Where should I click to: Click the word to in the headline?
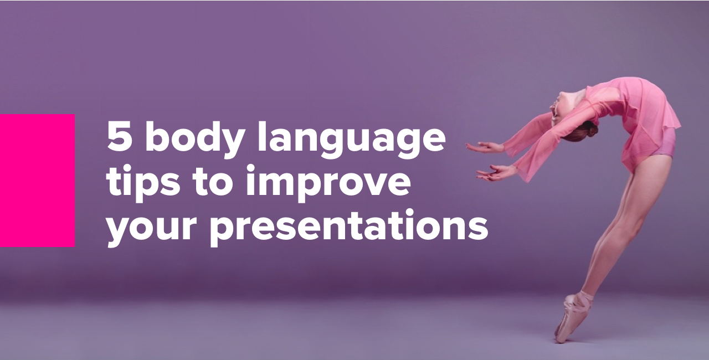click(x=212, y=183)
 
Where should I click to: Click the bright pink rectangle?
click(x=37, y=180)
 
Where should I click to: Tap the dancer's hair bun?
click(x=590, y=131)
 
